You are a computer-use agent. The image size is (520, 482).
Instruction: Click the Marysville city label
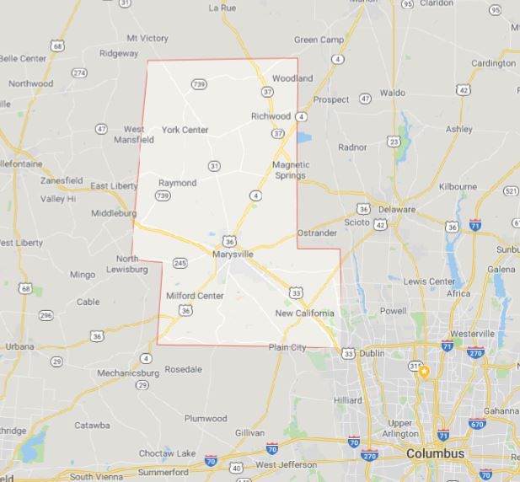tap(234, 253)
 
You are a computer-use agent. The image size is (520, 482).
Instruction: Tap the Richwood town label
tap(271, 115)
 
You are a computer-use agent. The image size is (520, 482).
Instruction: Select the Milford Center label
tap(195, 296)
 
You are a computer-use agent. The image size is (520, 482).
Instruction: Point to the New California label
tap(304, 313)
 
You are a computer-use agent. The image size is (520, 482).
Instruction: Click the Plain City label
tap(287, 346)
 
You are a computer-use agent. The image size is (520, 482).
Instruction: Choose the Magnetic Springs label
tap(291, 169)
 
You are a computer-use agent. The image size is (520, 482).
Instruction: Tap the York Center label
tap(185, 130)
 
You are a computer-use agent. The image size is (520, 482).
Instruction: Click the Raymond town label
tap(177, 183)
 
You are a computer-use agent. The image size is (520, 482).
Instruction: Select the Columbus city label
tap(435, 453)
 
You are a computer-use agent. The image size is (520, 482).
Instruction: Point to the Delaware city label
tap(397, 209)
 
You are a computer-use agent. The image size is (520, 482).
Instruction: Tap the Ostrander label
tap(317, 233)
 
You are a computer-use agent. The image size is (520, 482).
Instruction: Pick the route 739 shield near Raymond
tap(163, 196)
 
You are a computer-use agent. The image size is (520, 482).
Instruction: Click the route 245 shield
tap(180, 263)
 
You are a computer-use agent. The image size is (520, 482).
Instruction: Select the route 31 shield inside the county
tap(214, 166)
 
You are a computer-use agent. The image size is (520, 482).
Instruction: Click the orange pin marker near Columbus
tap(426, 371)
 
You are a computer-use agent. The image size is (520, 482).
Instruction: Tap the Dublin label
tap(373, 354)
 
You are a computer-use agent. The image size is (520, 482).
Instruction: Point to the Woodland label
tap(292, 78)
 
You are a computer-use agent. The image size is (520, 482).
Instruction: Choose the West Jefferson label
tap(286, 465)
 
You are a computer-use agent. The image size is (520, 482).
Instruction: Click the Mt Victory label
tap(147, 38)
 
